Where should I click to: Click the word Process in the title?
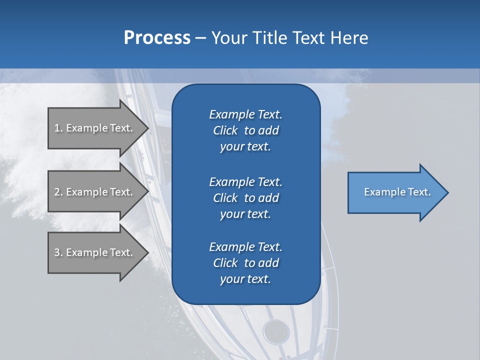pos(157,38)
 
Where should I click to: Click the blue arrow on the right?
pos(395,192)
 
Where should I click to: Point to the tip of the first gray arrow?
pos(147,128)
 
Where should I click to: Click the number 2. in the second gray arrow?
pos(58,192)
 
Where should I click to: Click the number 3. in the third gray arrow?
pos(58,252)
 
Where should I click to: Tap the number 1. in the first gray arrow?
pos(58,128)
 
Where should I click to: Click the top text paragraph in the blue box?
pos(245,130)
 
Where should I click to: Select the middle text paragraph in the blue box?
pos(245,198)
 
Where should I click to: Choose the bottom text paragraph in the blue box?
pos(245,263)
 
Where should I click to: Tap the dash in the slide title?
pos(200,38)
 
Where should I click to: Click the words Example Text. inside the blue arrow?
pos(397,192)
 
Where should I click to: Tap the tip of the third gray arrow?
pos(147,252)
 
